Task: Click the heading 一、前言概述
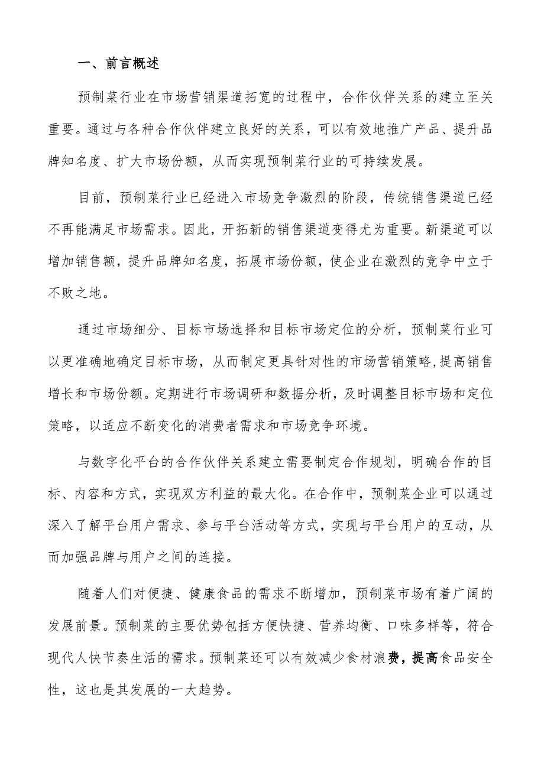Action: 118,64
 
